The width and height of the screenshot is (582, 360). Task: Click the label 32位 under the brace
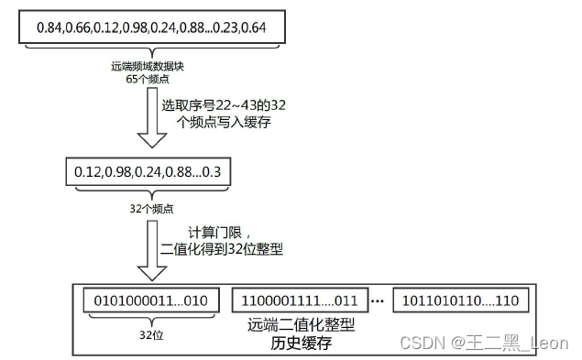(x=149, y=335)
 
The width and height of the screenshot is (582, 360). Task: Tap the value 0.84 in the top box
(x=49, y=28)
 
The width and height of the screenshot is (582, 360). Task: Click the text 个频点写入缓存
(x=221, y=121)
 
